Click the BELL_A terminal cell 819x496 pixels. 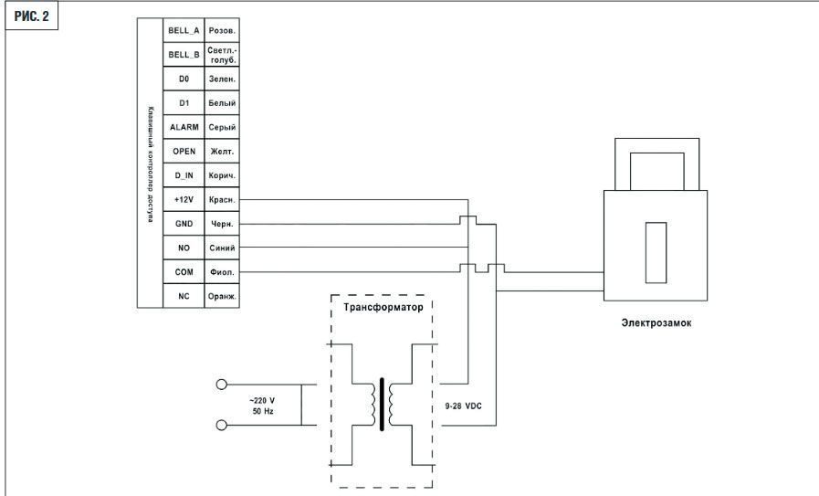(184, 30)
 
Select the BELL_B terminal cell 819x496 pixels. (184, 55)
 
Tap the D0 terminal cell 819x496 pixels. (184, 79)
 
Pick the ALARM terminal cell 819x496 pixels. (184, 127)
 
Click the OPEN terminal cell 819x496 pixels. (184, 151)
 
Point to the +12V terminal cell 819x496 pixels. (184, 199)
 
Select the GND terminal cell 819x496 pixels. (184, 223)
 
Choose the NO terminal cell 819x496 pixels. (184, 248)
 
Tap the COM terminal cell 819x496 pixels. (184, 272)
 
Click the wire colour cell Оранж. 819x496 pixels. (222, 296)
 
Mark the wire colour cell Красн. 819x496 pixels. (222, 199)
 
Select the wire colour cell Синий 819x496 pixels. (222, 248)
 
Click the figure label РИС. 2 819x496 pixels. (31, 16)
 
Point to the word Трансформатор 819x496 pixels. (383, 307)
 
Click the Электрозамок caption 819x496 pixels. (656, 322)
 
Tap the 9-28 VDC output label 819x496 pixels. (463, 406)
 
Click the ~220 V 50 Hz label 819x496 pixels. (262, 406)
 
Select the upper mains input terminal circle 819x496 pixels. (222, 385)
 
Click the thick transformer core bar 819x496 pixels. (382, 404)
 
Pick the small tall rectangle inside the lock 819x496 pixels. (656, 252)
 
